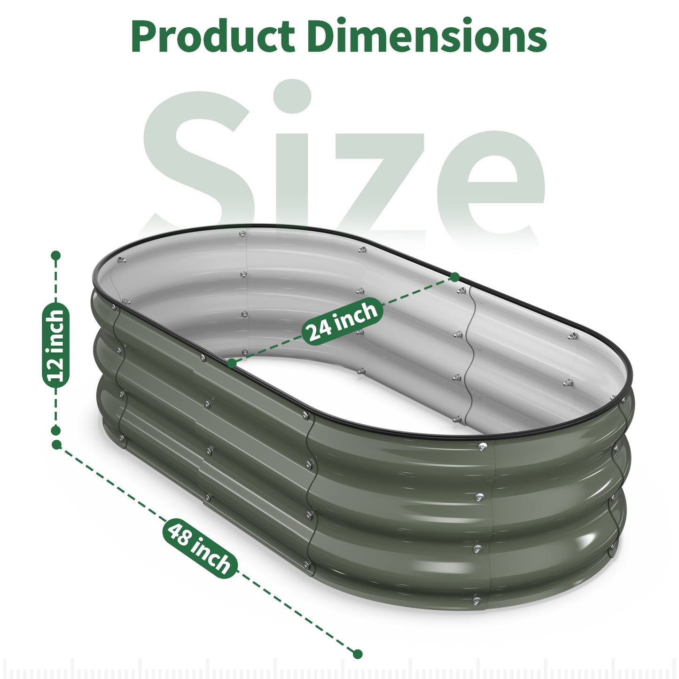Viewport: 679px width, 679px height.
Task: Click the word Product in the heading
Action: coord(212,37)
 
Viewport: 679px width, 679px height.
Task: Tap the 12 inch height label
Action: coord(56,346)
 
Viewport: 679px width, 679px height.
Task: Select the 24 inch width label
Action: coord(342,321)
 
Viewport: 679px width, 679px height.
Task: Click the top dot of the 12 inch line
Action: coord(56,256)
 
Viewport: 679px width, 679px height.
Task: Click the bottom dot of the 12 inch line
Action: coord(56,430)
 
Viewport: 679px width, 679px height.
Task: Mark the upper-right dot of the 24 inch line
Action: coord(454,277)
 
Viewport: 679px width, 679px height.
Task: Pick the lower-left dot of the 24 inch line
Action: coord(232,363)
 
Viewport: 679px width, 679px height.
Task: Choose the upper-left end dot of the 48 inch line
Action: coord(57,444)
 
